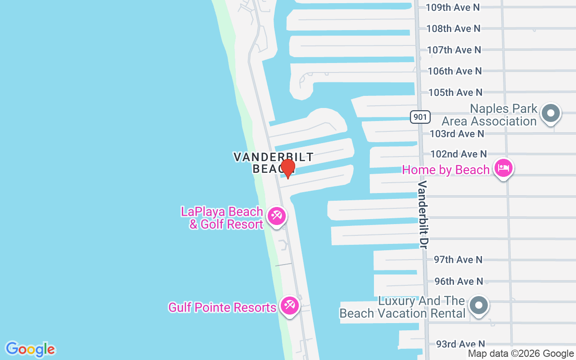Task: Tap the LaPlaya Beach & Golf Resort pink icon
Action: pyautogui.click(x=276, y=216)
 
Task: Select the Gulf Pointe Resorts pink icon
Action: pyautogui.click(x=289, y=306)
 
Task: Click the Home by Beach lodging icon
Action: pyautogui.click(x=503, y=168)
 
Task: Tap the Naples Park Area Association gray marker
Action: pyautogui.click(x=550, y=112)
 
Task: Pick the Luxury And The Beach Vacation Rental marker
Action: pyautogui.click(x=479, y=306)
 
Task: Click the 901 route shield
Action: pyautogui.click(x=420, y=117)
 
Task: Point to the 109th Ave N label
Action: pyautogui.click(x=453, y=7)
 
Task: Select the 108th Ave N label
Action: pyautogui.click(x=453, y=28)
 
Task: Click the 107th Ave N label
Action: pyautogui.click(x=454, y=49)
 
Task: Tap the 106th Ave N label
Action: pyautogui.click(x=454, y=71)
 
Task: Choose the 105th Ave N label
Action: pyautogui.click(x=455, y=92)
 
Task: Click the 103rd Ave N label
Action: pyautogui.click(x=457, y=134)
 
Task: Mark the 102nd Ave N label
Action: pyautogui.click(x=459, y=154)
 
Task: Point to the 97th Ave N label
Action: pyautogui.click(x=458, y=260)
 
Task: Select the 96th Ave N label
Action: pyautogui.click(x=459, y=281)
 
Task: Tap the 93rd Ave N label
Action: pyautogui.click(x=460, y=344)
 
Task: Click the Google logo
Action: pyautogui.click(x=30, y=349)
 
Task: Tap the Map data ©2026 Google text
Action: pyautogui.click(x=521, y=354)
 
